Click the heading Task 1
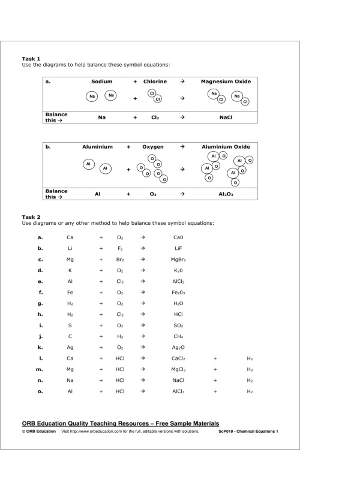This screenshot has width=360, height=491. [x=31, y=59]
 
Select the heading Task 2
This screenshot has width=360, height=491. [x=31, y=217]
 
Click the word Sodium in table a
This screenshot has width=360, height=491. [x=102, y=81]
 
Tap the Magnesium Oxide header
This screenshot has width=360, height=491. [x=226, y=81]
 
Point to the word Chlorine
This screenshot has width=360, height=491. [x=155, y=81]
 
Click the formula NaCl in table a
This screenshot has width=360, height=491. [x=226, y=118]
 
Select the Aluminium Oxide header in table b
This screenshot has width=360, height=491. [x=226, y=146]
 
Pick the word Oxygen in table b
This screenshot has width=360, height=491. [x=153, y=146]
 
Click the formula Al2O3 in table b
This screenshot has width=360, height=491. [x=226, y=194]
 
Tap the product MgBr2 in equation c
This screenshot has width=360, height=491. [x=178, y=260]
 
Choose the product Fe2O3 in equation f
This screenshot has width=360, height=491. [x=178, y=293]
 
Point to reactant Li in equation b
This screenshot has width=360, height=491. [x=70, y=248]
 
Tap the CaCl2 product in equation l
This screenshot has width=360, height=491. [x=178, y=369]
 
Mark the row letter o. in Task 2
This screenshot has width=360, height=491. [x=40, y=391]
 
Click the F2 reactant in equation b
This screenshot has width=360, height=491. [x=120, y=248]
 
